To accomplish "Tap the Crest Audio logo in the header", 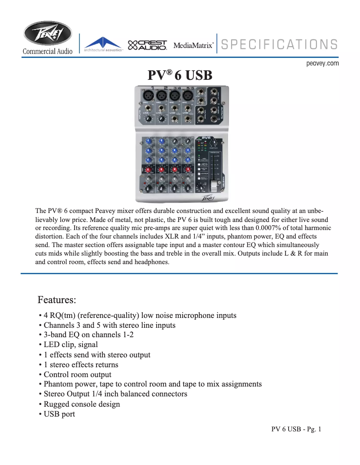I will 148,45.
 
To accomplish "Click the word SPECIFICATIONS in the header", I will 279,44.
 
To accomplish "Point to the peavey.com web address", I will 322,64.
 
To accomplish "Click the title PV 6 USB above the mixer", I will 180,75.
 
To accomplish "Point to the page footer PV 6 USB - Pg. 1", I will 296,430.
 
